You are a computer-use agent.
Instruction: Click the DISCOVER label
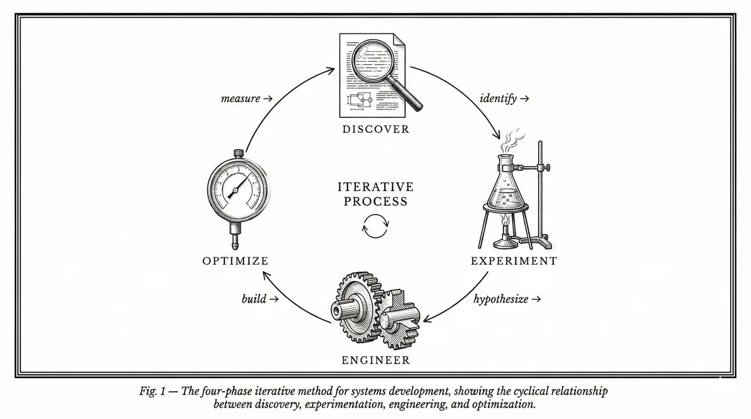pyautogui.click(x=375, y=129)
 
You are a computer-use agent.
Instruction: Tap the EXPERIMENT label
pyautogui.click(x=514, y=261)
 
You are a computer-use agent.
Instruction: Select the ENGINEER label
pyautogui.click(x=375, y=360)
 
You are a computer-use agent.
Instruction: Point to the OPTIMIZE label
pyautogui.click(x=235, y=261)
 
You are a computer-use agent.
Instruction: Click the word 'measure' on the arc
pyautogui.click(x=240, y=98)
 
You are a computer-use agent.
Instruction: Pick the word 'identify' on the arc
pyautogui.click(x=498, y=98)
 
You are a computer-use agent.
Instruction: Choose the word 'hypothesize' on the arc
pyautogui.click(x=501, y=300)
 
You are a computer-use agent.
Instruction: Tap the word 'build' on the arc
pyautogui.click(x=254, y=300)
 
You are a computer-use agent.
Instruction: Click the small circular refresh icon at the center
pyautogui.click(x=375, y=226)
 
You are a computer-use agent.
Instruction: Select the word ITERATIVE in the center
pyautogui.click(x=375, y=187)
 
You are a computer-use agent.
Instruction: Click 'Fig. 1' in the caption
pyautogui.click(x=152, y=391)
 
